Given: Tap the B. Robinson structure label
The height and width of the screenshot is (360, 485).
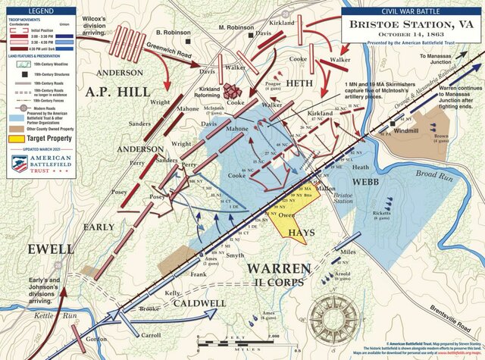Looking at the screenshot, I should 172,33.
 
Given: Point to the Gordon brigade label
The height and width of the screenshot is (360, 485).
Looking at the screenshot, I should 97,340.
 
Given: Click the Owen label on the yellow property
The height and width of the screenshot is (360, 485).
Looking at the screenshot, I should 286,215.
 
